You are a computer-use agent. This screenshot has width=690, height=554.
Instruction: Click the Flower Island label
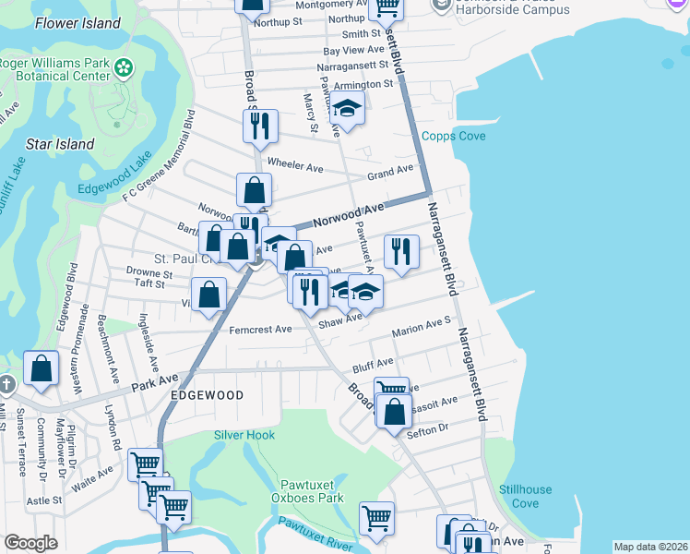[77, 22]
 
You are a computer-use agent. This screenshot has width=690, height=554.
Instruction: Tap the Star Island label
[60, 144]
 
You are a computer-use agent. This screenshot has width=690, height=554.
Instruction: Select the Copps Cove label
[453, 136]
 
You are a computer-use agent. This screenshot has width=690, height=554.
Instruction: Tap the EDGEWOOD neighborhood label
[207, 394]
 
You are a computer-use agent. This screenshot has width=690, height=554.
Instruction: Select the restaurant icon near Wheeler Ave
[260, 125]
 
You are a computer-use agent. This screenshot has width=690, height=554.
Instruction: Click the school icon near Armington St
[347, 108]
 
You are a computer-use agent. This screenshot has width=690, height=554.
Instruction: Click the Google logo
[30, 543]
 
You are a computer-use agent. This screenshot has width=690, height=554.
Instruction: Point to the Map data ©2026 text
[650, 547]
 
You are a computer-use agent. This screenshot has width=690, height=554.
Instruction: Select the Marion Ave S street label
[420, 327]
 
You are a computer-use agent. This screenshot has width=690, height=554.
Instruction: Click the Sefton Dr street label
[426, 428]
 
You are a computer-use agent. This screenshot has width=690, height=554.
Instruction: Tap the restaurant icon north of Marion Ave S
[399, 250]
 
